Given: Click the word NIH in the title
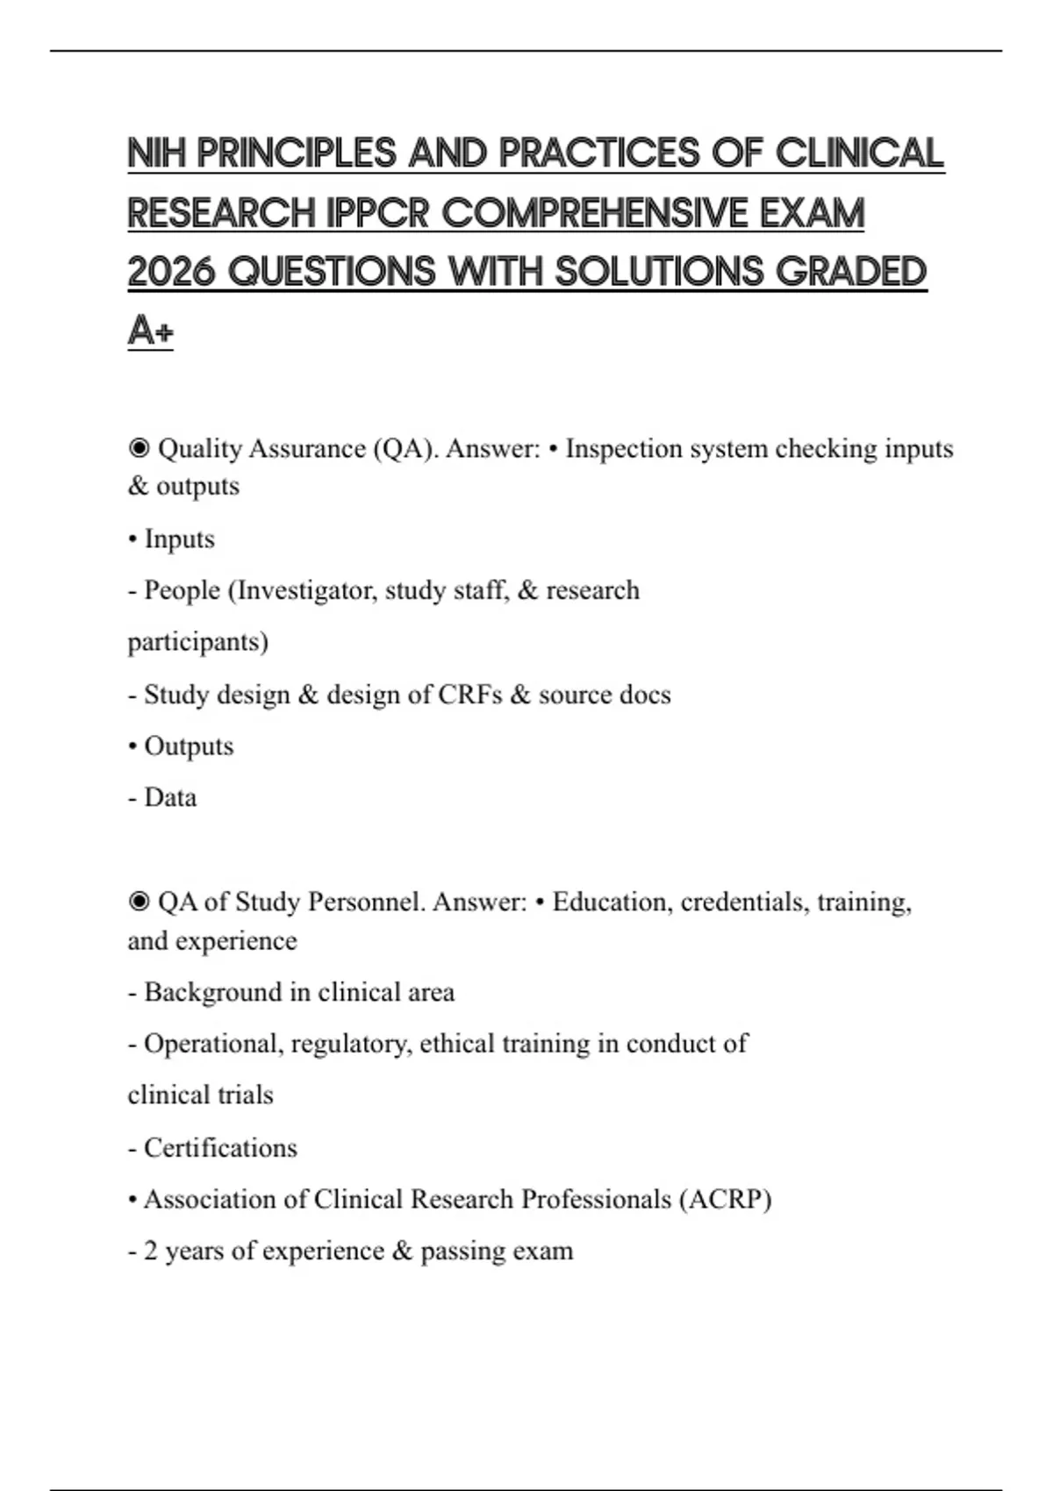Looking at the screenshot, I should (x=157, y=153).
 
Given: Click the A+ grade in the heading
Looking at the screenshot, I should (x=150, y=332).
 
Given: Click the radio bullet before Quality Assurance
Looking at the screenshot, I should (x=139, y=448).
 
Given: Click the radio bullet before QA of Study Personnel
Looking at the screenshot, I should (x=139, y=902).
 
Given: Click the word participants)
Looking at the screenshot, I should (x=198, y=642).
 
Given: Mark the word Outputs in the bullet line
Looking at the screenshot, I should (x=189, y=746).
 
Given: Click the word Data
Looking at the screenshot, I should (x=170, y=797).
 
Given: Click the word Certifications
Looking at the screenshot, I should (x=220, y=1147).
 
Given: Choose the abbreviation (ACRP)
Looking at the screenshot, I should (x=726, y=1199).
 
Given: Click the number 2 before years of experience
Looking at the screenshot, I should (x=151, y=1251).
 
